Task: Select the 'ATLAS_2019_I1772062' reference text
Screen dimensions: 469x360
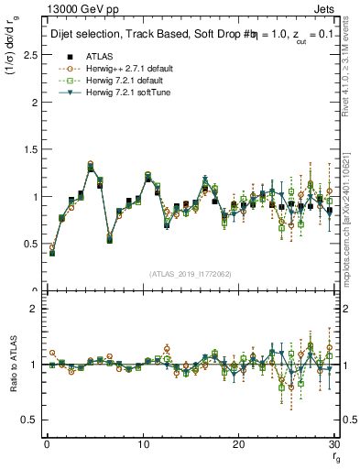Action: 190,273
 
